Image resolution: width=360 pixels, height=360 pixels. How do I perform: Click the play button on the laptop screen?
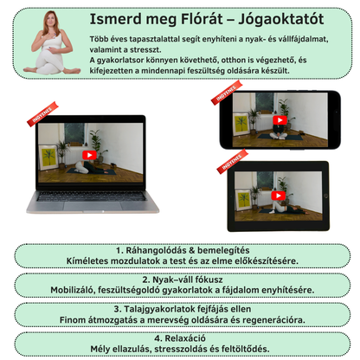(89, 155)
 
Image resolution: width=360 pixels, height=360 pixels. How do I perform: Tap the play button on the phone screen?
(280, 120)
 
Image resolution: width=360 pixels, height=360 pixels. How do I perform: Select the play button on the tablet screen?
(279, 196)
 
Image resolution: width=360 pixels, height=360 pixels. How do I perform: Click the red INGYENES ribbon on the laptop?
(42, 114)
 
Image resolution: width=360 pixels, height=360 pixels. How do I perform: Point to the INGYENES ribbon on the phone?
(227, 93)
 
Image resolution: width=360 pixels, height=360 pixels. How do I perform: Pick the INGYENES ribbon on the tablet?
(233, 162)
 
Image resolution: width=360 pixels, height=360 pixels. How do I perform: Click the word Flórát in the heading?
(202, 20)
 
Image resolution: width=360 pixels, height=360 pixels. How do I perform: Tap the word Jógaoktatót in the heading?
(281, 20)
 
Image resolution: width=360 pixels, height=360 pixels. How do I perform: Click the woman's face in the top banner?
(51, 20)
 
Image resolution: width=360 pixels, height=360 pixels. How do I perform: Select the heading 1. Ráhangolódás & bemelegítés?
(183, 250)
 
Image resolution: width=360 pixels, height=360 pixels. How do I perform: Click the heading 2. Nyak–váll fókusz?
(183, 280)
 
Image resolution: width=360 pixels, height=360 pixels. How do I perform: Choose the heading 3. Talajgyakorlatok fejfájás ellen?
(183, 309)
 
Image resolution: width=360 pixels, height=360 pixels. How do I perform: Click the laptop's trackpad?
(93, 206)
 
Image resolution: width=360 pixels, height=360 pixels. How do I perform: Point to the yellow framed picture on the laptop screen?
(48, 157)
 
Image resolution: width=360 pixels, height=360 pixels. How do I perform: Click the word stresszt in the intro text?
(145, 49)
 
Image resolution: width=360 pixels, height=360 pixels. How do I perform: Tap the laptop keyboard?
(92, 196)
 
